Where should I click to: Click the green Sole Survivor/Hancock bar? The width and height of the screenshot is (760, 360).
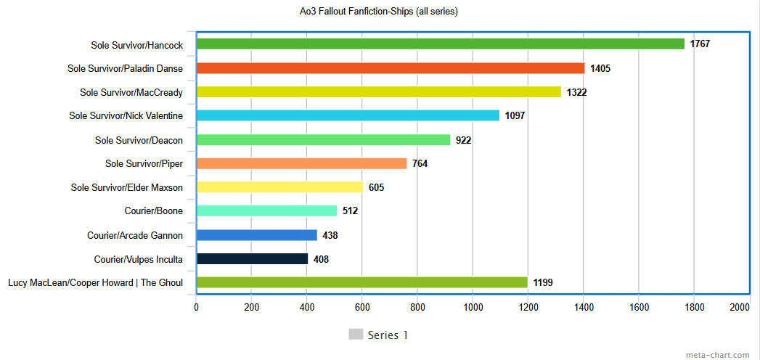[440, 44]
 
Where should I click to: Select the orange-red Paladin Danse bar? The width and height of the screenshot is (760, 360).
[390, 68]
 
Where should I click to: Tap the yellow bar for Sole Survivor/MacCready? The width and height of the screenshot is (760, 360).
[378, 92]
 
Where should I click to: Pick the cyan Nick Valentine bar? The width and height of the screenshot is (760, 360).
[348, 115]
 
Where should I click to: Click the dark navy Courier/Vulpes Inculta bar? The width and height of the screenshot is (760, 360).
[252, 259]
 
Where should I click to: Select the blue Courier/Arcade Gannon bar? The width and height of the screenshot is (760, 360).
[256, 235]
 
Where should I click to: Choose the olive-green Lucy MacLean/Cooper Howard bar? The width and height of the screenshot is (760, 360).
[361, 282]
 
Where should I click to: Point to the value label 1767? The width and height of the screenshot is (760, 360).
[700, 44]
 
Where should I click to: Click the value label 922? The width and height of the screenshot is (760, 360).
[464, 140]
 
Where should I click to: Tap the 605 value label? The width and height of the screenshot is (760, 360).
[376, 188]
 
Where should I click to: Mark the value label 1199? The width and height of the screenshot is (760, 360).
[543, 282]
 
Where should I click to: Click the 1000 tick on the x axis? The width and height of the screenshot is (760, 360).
[473, 308]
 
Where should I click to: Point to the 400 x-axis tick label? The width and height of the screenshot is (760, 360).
[306, 308]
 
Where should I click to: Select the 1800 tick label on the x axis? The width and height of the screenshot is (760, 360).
[694, 308]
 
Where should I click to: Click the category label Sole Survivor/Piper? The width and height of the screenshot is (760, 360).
[144, 164]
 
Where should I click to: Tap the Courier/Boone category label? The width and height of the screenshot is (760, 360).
[154, 211]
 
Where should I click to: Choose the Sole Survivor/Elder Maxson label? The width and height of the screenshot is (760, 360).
[127, 188]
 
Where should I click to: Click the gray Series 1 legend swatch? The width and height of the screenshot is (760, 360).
[356, 335]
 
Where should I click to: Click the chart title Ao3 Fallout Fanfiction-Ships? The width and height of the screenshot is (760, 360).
[380, 11]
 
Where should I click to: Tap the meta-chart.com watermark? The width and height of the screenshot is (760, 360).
[717, 355]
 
